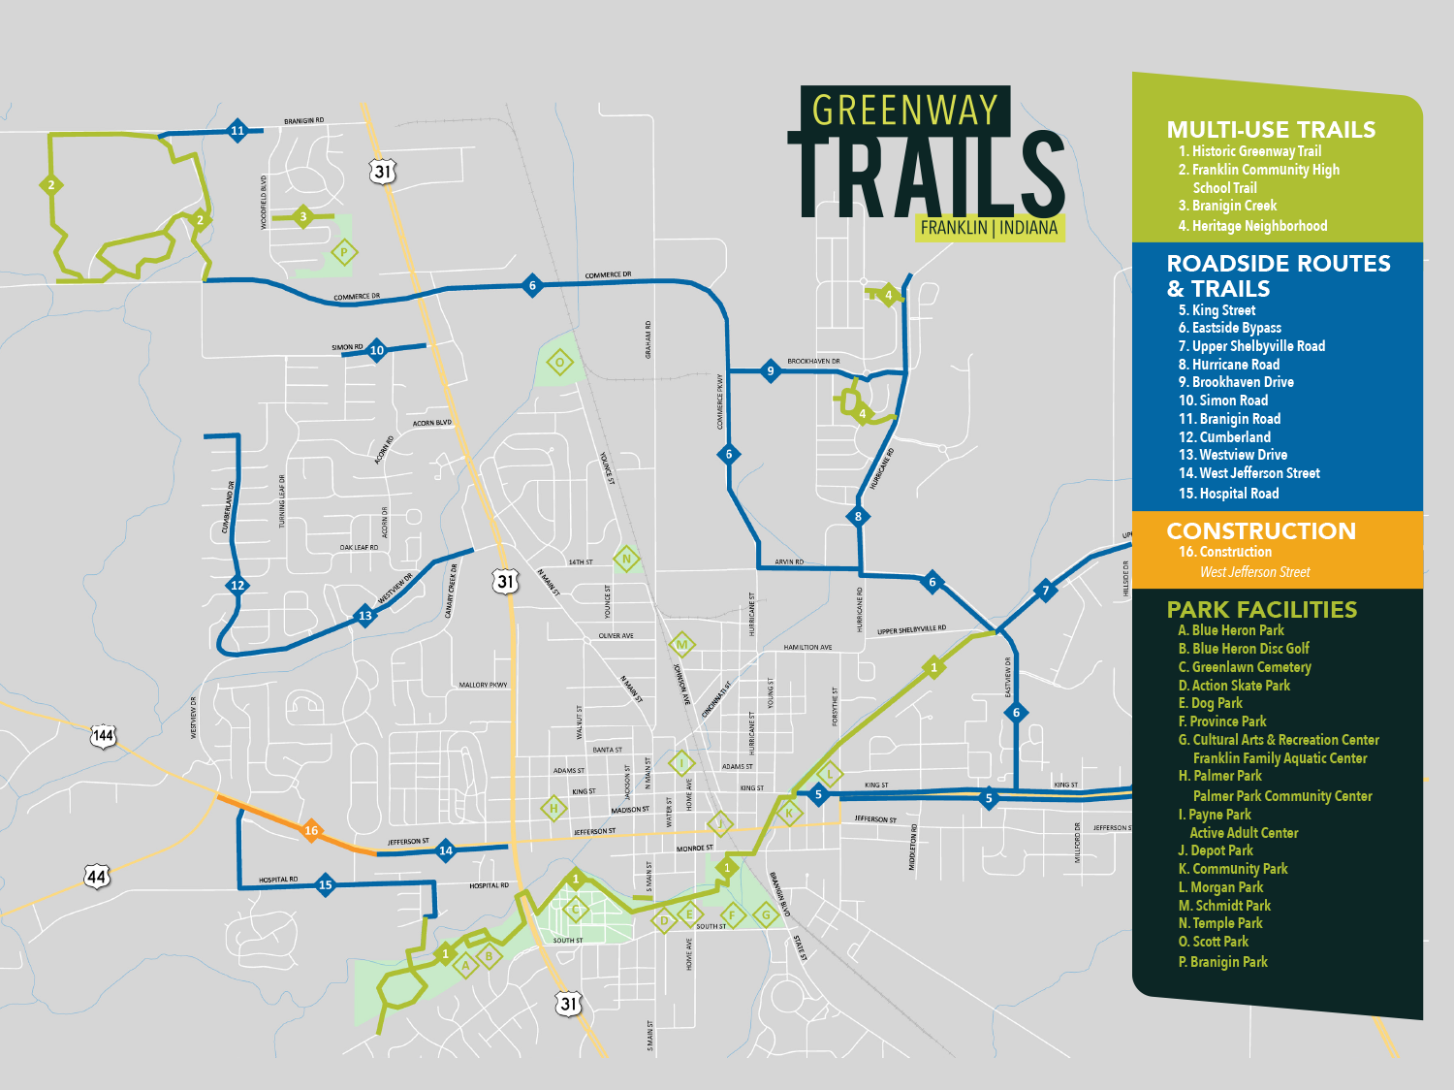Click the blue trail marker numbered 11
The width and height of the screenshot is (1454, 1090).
pos(237,131)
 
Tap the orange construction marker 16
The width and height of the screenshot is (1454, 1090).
pos(311,830)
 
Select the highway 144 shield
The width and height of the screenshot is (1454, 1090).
pos(103,736)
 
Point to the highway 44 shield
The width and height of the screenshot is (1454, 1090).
pos(97,877)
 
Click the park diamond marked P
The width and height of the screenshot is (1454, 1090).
pos(344,253)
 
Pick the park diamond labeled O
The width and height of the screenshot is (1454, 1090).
pos(559,363)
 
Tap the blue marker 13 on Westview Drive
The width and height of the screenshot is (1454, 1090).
pos(365,615)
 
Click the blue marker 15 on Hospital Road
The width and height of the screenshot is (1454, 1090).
pos(326,884)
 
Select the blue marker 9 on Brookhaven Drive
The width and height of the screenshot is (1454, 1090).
pos(771,370)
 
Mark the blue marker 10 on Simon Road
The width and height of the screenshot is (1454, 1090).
pos(377,350)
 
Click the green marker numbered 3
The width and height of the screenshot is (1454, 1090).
pos(303,217)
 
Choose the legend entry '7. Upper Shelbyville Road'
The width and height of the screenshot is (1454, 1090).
pos(1250,346)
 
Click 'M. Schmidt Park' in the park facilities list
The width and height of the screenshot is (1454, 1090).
pos(1224,906)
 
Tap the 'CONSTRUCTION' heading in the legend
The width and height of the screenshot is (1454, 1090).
pos(1261,531)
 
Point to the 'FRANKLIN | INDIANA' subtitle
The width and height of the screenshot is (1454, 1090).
pos(989,228)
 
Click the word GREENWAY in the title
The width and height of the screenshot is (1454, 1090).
pos(904,111)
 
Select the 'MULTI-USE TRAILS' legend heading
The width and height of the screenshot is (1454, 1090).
pos(1271,130)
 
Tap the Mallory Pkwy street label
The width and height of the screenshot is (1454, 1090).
pos(483,686)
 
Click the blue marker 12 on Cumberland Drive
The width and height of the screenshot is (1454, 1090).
pos(237,585)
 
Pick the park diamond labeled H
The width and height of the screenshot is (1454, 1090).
pos(553,808)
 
